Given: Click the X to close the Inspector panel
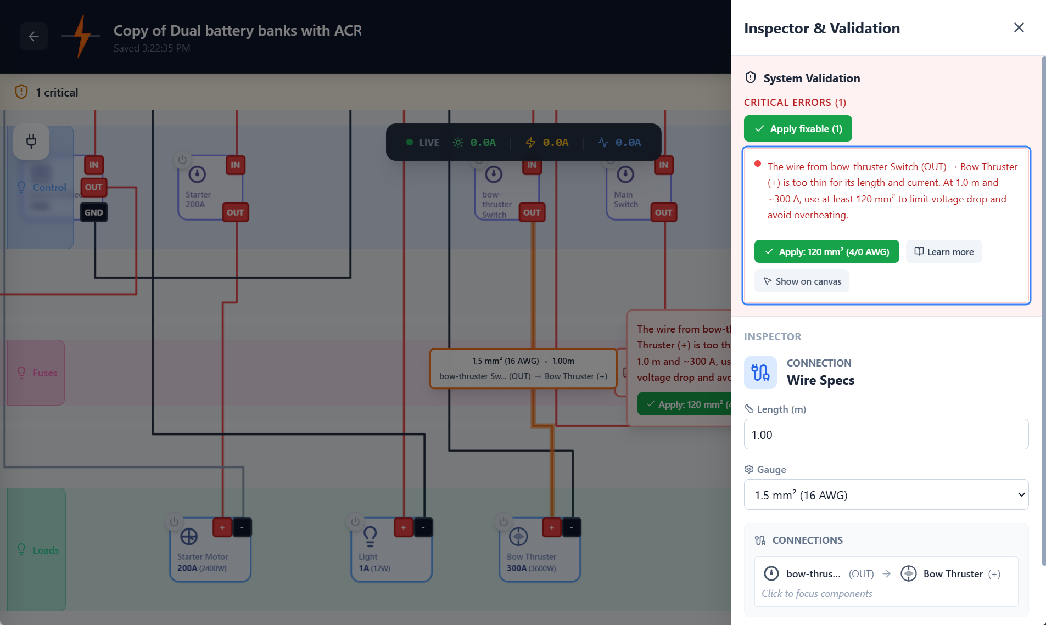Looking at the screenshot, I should point(1019,27).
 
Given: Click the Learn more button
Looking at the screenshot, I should point(943,252).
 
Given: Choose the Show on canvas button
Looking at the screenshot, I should point(802,281).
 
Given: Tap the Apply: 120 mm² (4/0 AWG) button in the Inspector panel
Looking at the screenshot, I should point(826,252).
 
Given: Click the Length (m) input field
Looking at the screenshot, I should point(886,435).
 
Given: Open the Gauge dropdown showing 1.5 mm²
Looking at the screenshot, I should point(886,495).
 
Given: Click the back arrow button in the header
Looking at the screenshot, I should point(33,37).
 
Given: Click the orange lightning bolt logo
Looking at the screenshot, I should point(81,36).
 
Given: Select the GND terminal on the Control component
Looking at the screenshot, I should point(93,212).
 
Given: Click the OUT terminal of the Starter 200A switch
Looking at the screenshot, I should point(235,212).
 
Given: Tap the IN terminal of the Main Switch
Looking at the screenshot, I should point(663,165).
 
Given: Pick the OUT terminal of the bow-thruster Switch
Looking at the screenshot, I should point(532,212).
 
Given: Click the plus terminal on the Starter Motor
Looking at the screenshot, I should point(222,527).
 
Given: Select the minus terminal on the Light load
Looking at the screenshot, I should point(423,527).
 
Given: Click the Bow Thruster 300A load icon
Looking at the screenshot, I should point(518,536).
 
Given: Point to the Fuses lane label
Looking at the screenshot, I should point(44,373).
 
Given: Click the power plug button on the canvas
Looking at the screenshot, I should point(31,142).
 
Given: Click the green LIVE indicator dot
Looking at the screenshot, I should point(409,142).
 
